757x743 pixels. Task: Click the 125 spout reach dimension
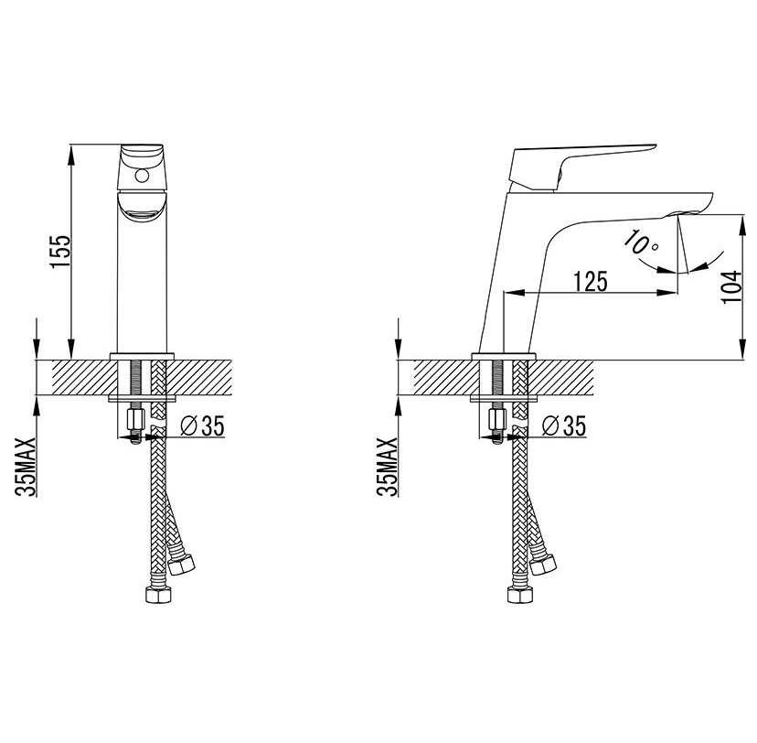590,282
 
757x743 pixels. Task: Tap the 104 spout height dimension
731,286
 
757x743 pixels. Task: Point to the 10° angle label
641,243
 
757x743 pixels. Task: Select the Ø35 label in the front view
202,426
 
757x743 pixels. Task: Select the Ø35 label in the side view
564,426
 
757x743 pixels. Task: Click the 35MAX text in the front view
26,467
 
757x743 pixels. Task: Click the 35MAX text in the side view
388,467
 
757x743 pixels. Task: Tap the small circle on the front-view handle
142,176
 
